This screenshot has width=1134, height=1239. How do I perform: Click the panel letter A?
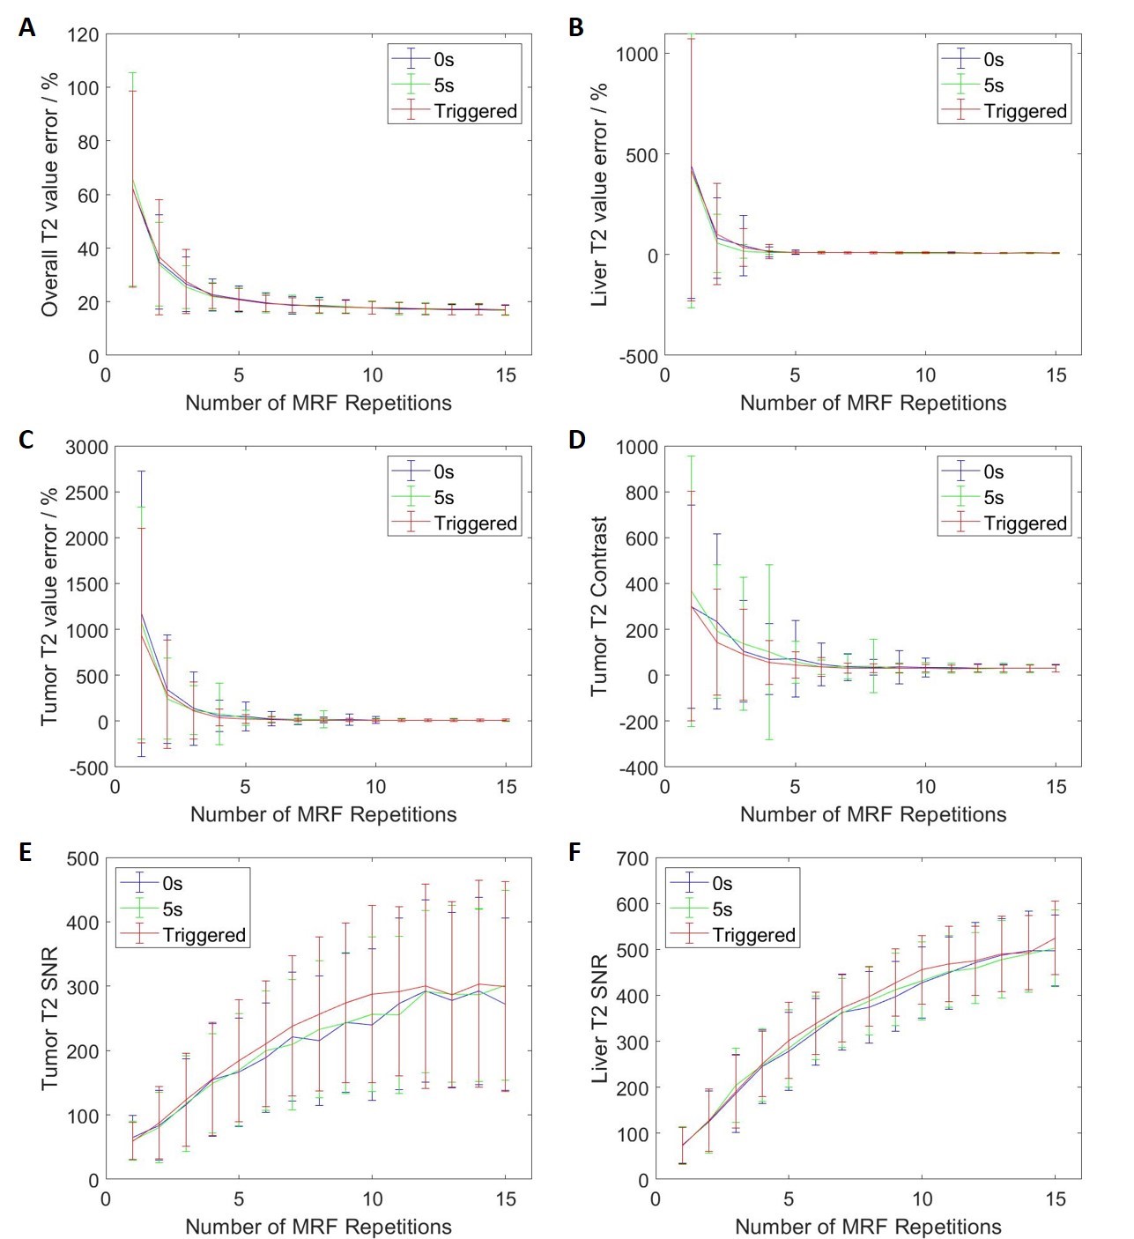pos(26,27)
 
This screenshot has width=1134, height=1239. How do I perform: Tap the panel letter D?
pos(577,439)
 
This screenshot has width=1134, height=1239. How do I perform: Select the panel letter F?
pos(576,853)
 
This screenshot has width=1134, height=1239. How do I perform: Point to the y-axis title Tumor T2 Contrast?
pos(600,606)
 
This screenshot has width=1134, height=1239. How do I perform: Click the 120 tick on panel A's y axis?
pos(83,34)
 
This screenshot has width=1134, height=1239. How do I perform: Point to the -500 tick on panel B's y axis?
pos(638,356)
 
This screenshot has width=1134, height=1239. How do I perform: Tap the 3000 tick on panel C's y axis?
pos(86,447)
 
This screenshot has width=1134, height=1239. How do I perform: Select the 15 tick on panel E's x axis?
pos(506,1198)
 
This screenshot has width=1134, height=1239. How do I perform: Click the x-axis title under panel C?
pos(323,814)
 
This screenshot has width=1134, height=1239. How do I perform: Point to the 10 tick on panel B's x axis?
pos(925,375)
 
